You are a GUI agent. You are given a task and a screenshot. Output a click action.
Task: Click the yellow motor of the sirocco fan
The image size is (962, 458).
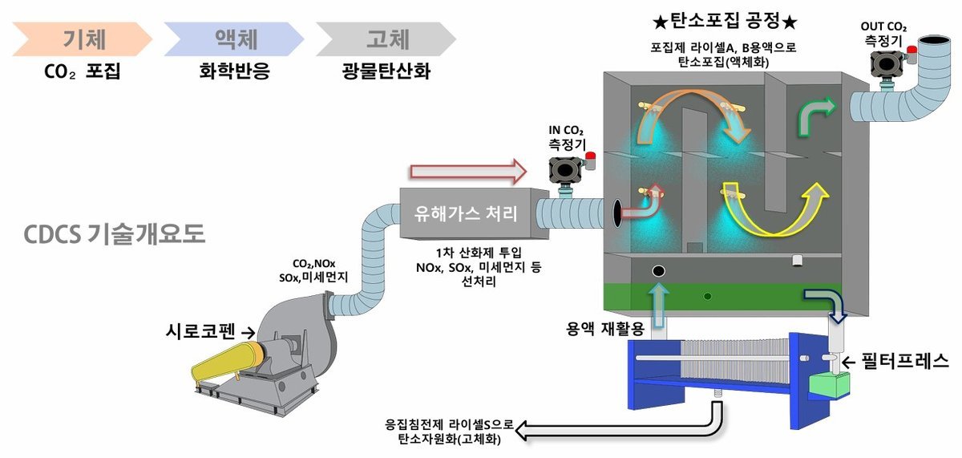[x=224, y=364]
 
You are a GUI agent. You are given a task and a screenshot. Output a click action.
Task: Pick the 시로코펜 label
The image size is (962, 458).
[x=202, y=330]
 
